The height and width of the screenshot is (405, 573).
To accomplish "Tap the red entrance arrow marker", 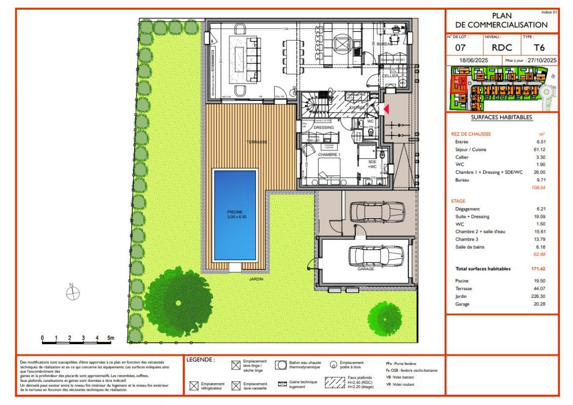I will [x=386, y=109].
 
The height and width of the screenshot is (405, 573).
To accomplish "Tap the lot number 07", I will [x=461, y=48].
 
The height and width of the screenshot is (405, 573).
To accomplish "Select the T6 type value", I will [x=540, y=48].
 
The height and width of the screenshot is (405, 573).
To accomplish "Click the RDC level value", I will [x=502, y=48].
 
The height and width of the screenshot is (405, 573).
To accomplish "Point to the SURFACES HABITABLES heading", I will [x=501, y=117].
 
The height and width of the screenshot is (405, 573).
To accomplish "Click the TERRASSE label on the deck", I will [x=256, y=142].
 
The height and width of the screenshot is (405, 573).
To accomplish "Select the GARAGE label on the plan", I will [x=365, y=269].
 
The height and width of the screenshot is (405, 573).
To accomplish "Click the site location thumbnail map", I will [x=502, y=90].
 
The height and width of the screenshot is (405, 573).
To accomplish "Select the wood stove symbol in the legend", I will [x=334, y=364].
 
